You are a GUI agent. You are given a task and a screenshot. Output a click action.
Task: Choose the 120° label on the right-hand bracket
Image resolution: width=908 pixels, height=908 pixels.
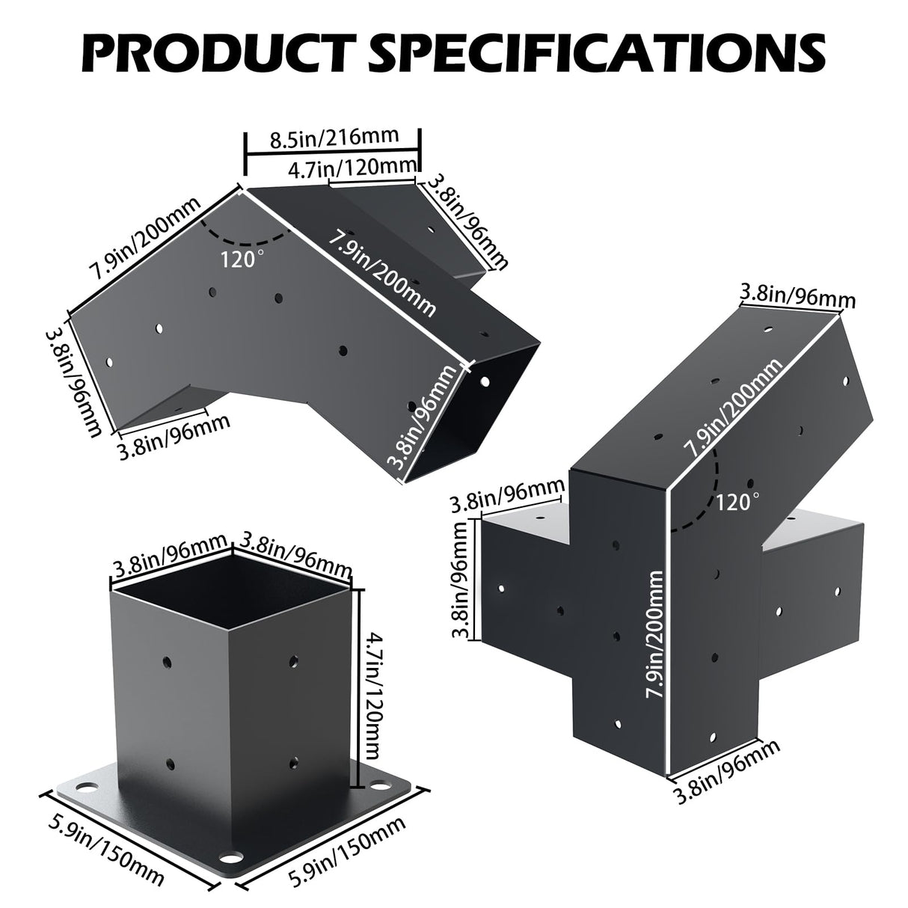coord(737,500)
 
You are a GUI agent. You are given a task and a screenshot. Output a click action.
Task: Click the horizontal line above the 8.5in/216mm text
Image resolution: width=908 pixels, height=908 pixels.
coord(333,155)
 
